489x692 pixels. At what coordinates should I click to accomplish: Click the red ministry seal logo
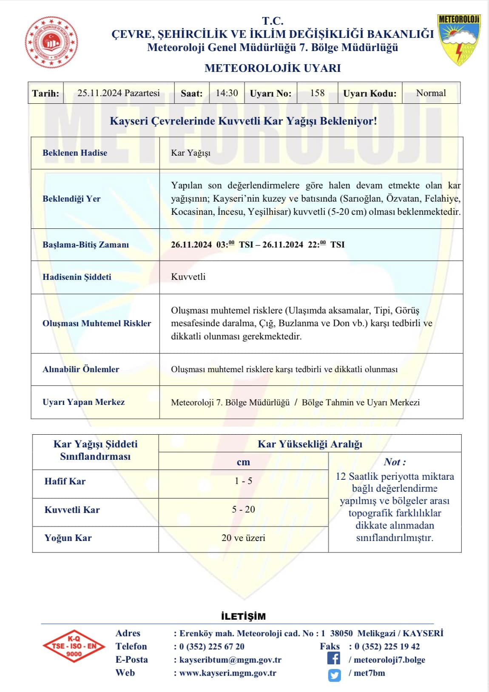(51, 42)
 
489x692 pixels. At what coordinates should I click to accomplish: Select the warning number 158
(317, 93)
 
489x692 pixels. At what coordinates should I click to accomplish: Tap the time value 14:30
(227, 93)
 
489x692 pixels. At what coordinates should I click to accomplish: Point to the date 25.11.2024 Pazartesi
(119, 93)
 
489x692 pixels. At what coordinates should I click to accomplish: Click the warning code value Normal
(431, 93)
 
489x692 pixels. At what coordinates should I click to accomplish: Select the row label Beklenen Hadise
(75, 153)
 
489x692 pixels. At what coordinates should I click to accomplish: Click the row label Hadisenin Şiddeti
(77, 277)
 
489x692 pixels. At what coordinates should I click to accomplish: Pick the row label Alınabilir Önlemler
(81, 369)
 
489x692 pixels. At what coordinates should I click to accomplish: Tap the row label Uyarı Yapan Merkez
(84, 402)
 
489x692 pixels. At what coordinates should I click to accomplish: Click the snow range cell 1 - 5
(243, 481)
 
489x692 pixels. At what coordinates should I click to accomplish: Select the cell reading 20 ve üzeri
(243, 538)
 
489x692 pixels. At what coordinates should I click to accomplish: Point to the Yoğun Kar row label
(68, 538)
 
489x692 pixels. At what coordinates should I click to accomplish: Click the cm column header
(243, 462)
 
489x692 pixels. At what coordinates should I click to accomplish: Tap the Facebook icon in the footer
(334, 658)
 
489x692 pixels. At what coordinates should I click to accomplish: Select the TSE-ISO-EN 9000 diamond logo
(74, 646)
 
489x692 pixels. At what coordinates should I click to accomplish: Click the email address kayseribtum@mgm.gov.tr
(230, 660)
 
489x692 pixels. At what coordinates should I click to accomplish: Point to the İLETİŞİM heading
(243, 616)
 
